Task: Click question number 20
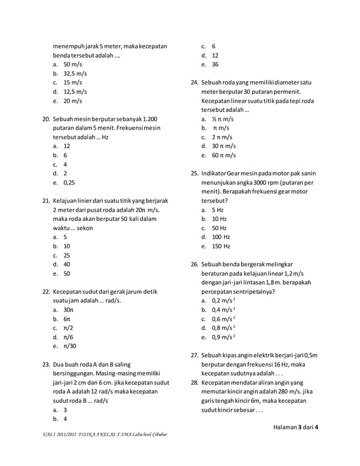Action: click(x=47, y=120)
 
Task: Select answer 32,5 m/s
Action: click(x=75, y=74)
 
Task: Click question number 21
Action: click(x=47, y=201)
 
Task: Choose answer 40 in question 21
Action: click(x=67, y=265)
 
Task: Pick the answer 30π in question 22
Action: click(x=68, y=310)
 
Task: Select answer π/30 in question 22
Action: click(x=70, y=346)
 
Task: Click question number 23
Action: click(x=47, y=364)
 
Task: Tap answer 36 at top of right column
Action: click(x=215, y=65)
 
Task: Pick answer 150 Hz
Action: click(x=221, y=246)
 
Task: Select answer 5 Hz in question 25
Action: click(x=218, y=210)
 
